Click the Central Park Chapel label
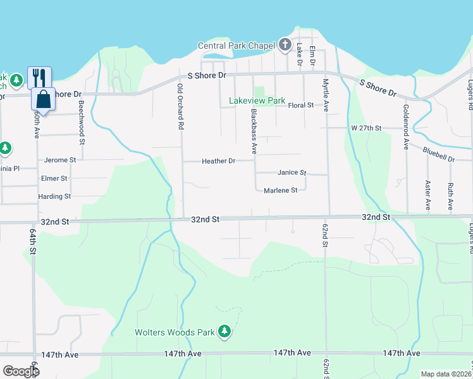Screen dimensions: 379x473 tap(236, 45)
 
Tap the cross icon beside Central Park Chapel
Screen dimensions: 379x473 tap(285, 45)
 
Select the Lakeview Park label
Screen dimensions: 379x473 tap(257, 101)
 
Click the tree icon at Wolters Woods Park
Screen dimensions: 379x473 tap(224, 331)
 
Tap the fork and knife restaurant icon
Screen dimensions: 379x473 tap(39, 78)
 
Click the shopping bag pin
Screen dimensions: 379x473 tap(44, 99)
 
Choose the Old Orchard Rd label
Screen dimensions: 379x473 tap(180, 107)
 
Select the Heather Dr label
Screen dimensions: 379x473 tap(218, 161)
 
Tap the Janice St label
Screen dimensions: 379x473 tap(292, 172)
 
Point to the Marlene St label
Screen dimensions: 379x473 tap(280, 190)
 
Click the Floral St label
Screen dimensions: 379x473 tap(301, 105)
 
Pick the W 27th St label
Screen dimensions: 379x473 tap(367, 128)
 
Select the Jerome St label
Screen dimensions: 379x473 tap(60, 160)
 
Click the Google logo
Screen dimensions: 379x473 tap(21, 371)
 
